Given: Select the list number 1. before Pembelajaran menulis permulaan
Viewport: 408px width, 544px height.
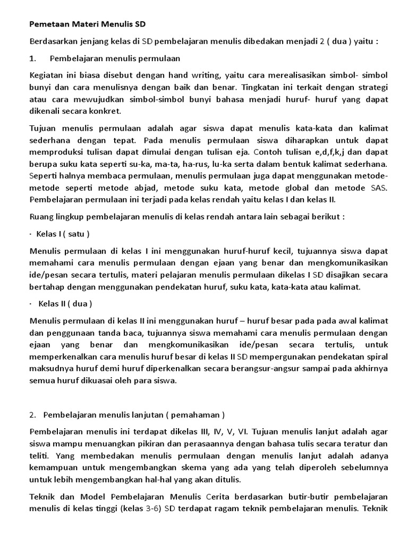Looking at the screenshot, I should pyautogui.click(x=33, y=58).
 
